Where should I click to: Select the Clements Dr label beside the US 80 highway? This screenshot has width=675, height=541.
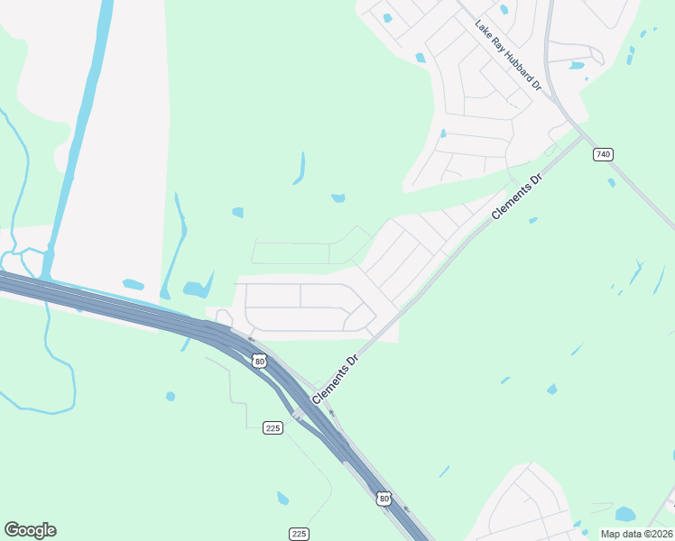[336, 378]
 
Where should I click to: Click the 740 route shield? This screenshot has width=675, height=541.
[603, 155]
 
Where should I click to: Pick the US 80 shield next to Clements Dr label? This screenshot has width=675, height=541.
[260, 362]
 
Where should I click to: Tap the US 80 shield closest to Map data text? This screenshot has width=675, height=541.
[384, 497]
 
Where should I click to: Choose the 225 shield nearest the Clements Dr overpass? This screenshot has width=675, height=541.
[274, 427]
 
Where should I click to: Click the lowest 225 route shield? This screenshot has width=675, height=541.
[299, 534]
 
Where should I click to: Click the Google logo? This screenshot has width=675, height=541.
[30, 530]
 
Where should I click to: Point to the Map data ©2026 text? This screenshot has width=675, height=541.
[637, 534]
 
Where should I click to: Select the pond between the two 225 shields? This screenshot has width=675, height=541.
[282, 498]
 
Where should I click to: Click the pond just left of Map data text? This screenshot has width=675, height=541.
[624, 514]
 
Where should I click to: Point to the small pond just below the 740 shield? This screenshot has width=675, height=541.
[611, 182]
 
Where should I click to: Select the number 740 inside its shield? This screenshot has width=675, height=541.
[603, 155]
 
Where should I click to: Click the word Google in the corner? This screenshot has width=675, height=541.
[30, 530]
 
